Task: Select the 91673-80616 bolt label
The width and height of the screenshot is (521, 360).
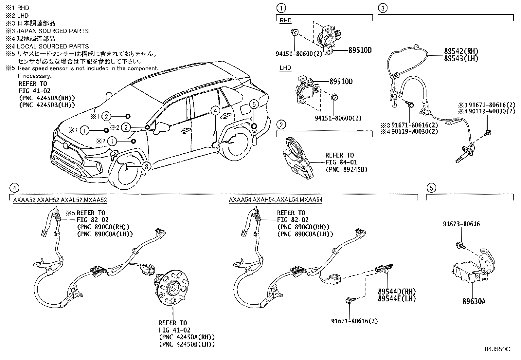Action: click(x=461, y=224)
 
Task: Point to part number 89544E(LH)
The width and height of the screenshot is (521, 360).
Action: click(x=397, y=298)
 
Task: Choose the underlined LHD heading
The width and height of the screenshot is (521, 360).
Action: click(x=285, y=68)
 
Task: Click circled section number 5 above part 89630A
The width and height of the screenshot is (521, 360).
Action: click(x=431, y=188)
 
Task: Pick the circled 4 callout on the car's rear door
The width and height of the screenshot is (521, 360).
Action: click(x=215, y=111)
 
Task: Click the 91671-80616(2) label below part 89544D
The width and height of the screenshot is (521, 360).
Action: click(x=354, y=321)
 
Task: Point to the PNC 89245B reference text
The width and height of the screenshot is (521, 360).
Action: click(x=346, y=169)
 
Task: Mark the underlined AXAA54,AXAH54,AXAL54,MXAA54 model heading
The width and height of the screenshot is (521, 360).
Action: click(x=276, y=199)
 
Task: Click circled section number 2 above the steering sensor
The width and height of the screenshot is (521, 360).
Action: click(x=281, y=124)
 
